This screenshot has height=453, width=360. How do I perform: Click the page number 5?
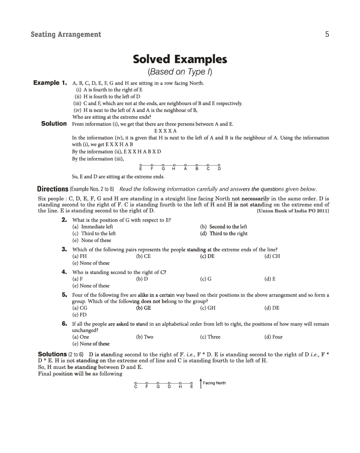pos(327,34)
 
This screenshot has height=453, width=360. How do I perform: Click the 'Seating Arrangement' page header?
pos(66,34)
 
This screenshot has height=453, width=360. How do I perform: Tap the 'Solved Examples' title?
pos(180,59)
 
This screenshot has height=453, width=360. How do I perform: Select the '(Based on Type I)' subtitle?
pos(180,72)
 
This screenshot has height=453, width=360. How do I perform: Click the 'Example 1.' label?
pos(50,83)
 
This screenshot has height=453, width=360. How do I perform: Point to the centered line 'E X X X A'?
pos(166,131)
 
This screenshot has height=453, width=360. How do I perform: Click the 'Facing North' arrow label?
pos(214,383)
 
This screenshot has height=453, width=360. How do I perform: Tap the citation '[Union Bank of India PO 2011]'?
pos(293,211)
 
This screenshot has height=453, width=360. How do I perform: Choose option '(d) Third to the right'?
pos(224,233)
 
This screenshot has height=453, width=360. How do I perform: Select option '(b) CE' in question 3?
pos(143,256)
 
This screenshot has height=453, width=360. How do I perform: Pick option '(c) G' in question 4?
pos(206,279)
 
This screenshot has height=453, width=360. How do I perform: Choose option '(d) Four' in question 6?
pos(273,337)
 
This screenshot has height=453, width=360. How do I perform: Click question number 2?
pos(64,220)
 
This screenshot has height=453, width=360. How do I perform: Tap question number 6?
pos(64,324)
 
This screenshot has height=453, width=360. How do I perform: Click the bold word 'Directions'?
pos(53,189)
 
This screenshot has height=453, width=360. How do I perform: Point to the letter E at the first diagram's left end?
pos(141,169)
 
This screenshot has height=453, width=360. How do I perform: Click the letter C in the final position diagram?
pos(136,386)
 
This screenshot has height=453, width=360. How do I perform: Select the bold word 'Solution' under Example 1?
pos(54,124)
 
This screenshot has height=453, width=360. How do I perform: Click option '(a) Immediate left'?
pos(93,226)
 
